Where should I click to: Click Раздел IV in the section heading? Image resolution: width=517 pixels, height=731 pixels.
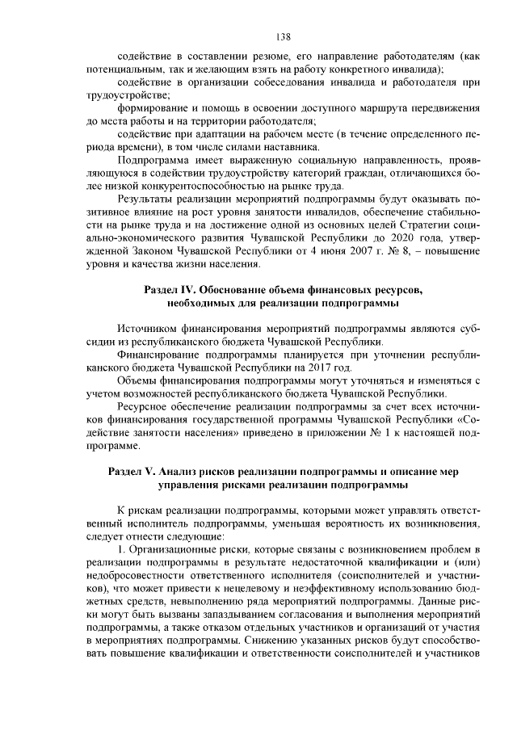[x=167, y=289]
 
